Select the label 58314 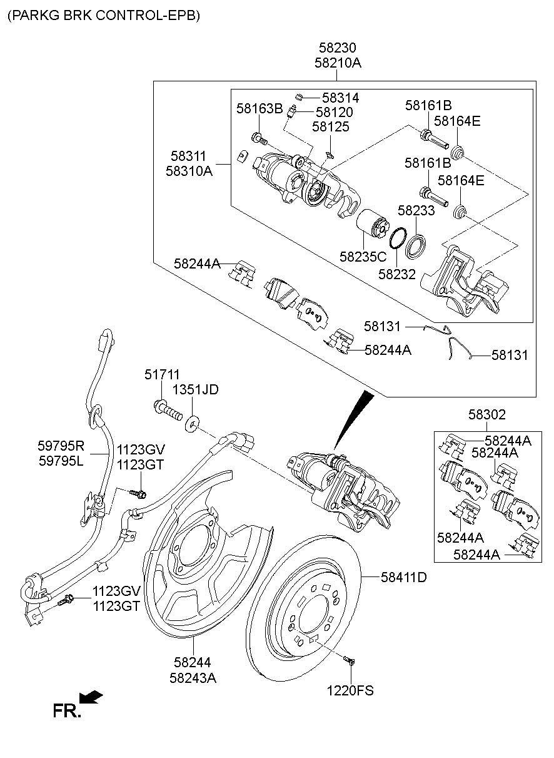click(341, 98)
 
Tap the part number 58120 click(334, 113)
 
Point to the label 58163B click(259, 109)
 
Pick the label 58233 click(416, 212)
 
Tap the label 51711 click(162, 374)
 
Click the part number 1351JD click(196, 390)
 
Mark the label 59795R click(61, 446)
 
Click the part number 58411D click(404, 577)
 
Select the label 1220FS click(350, 691)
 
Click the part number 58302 click(487, 414)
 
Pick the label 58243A click(193, 677)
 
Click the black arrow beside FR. click(91, 697)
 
